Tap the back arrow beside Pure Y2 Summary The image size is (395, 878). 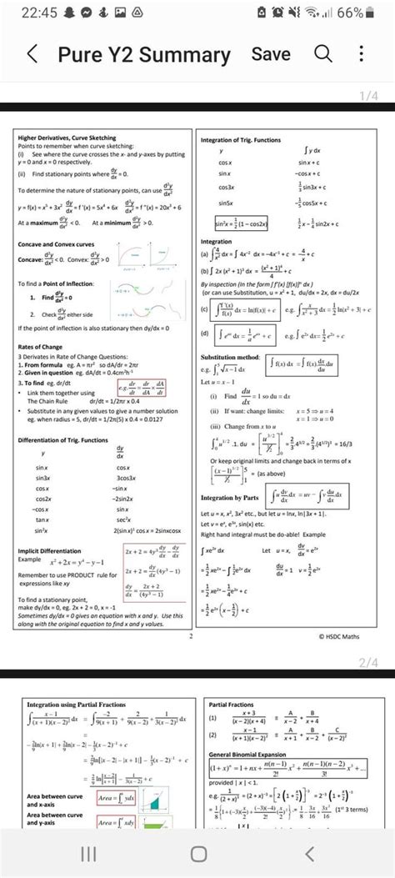(32, 56)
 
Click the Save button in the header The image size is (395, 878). (271, 54)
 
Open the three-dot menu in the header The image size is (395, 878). (361, 54)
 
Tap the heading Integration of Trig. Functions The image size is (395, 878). (241, 140)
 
